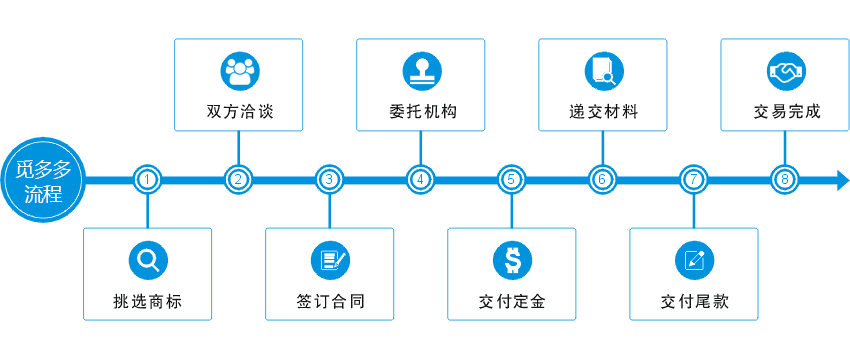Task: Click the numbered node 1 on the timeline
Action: coord(147,180)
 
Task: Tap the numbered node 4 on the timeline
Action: coord(420,180)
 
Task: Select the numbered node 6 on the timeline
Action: coord(602,180)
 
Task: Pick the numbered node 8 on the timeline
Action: coord(785,180)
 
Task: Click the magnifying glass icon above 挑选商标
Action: coord(147,261)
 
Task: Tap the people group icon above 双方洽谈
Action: coord(238,71)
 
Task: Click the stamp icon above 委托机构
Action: coord(420,71)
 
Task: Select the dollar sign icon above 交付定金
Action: coord(511,261)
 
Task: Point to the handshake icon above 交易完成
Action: coord(785,71)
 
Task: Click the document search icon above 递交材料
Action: coord(602,71)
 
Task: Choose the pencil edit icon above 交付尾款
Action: coord(693,261)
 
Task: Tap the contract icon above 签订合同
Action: coord(329,261)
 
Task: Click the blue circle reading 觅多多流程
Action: coord(42,180)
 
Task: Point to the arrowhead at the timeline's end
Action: coord(841,180)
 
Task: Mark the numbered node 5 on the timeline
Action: coord(511,180)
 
